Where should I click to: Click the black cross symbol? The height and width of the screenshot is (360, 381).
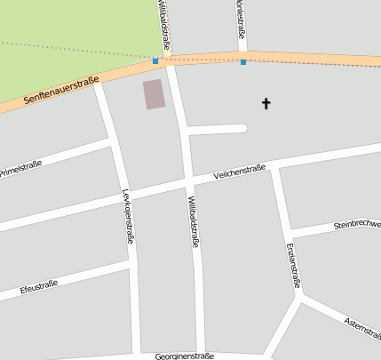[265, 104]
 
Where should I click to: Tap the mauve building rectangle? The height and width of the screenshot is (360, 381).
[154, 94]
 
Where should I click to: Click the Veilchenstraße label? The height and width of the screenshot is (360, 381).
[240, 172]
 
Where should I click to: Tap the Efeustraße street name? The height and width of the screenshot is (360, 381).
[38, 287]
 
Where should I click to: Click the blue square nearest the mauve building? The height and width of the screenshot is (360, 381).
[155, 61]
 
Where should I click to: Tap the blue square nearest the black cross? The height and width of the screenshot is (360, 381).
[243, 62]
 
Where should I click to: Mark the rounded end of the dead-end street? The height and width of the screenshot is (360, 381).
[242, 128]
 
